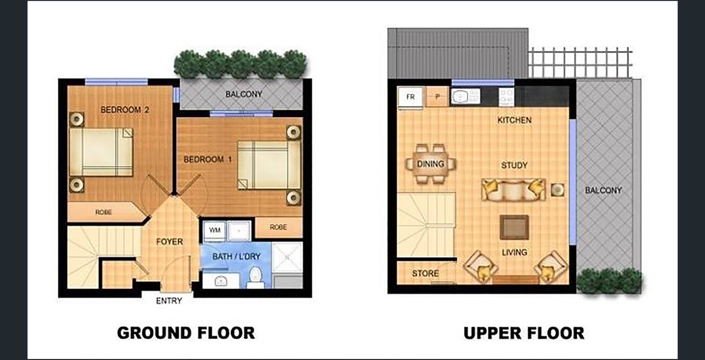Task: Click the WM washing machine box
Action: click(x=214, y=231)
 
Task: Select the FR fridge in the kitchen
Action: click(x=411, y=97)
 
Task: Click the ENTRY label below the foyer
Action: click(x=169, y=301)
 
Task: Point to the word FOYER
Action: click(x=169, y=241)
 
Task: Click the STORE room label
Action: click(x=425, y=273)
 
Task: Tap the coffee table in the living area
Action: click(x=514, y=227)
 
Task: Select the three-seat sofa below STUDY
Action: click(x=513, y=190)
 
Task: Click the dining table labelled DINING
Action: click(x=430, y=164)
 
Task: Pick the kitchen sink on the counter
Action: click(x=465, y=97)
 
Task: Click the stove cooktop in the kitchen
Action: click(x=506, y=97)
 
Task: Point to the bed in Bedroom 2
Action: click(x=101, y=152)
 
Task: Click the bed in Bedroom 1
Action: click(x=269, y=165)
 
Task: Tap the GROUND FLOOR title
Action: click(x=186, y=333)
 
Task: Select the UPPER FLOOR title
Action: click(x=524, y=333)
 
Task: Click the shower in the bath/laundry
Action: click(x=287, y=257)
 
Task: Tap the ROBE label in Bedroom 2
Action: click(x=104, y=212)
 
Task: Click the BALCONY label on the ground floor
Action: click(x=244, y=94)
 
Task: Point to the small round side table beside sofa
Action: click(x=557, y=190)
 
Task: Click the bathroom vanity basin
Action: click(x=221, y=281)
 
